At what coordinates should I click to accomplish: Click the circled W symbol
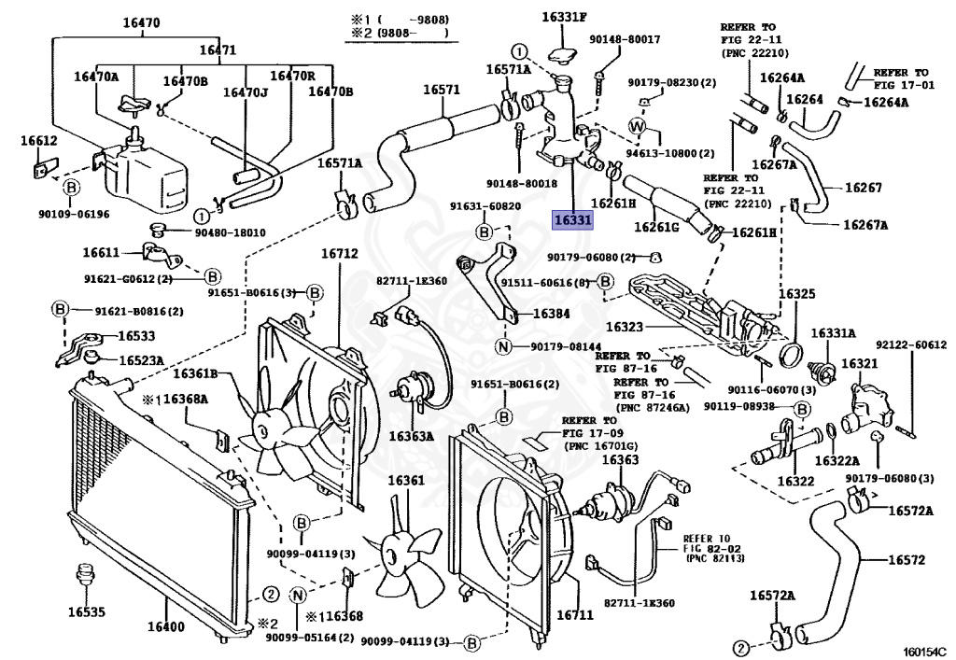point(638,126)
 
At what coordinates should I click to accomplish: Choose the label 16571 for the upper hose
point(442,90)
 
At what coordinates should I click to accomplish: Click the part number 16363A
point(412,435)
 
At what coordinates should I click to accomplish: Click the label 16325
point(796,293)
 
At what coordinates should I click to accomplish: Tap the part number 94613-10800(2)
point(669,153)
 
